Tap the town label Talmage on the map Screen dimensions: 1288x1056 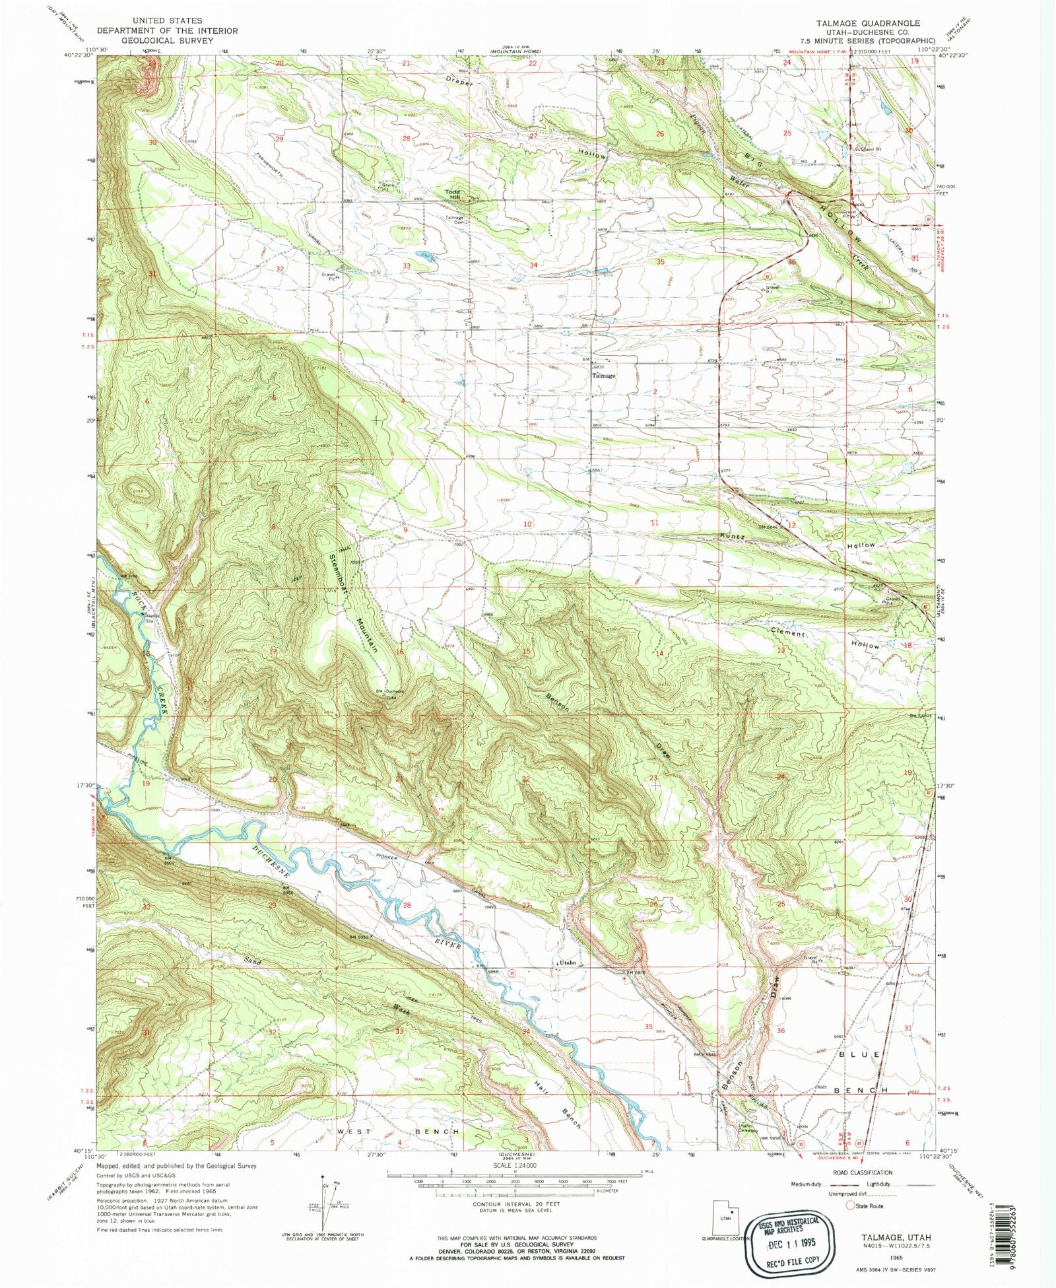603,376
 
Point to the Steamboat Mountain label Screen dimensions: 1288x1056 352,601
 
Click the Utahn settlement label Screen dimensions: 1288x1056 568,963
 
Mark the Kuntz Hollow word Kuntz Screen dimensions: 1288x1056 733,536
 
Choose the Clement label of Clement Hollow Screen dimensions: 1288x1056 789,632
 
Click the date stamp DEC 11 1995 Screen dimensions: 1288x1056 791,1242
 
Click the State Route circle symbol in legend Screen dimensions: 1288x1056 850,1205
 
